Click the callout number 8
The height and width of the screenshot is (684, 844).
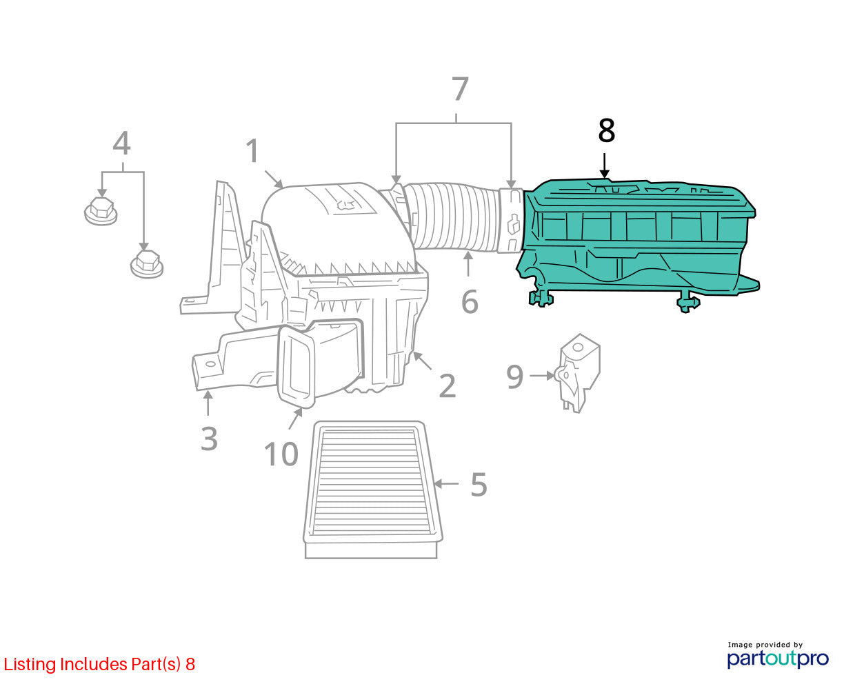(x=606, y=130)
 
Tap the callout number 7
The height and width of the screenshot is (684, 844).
(x=460, y=89)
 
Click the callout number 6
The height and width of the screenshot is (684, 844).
(x=470, y=302)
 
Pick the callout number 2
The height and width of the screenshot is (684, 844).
(x=448, y=385)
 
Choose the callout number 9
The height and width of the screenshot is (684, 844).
(x=514, y=377)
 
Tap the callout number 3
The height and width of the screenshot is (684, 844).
(x=209, y=439)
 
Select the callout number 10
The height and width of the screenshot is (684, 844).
(x=281, y=454)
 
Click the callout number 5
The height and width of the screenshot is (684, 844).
(x=479, y=484)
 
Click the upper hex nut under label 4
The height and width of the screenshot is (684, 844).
(x=101, y=210)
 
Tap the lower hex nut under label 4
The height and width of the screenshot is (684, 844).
(x=147, y=263)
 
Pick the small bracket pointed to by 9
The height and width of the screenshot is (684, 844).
(x=578, y=372)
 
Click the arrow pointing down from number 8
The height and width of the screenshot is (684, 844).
(x=604, y=166)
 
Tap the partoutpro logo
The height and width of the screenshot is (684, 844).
(x=777, y=658)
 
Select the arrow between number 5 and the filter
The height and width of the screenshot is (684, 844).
(x=445, y=483)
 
